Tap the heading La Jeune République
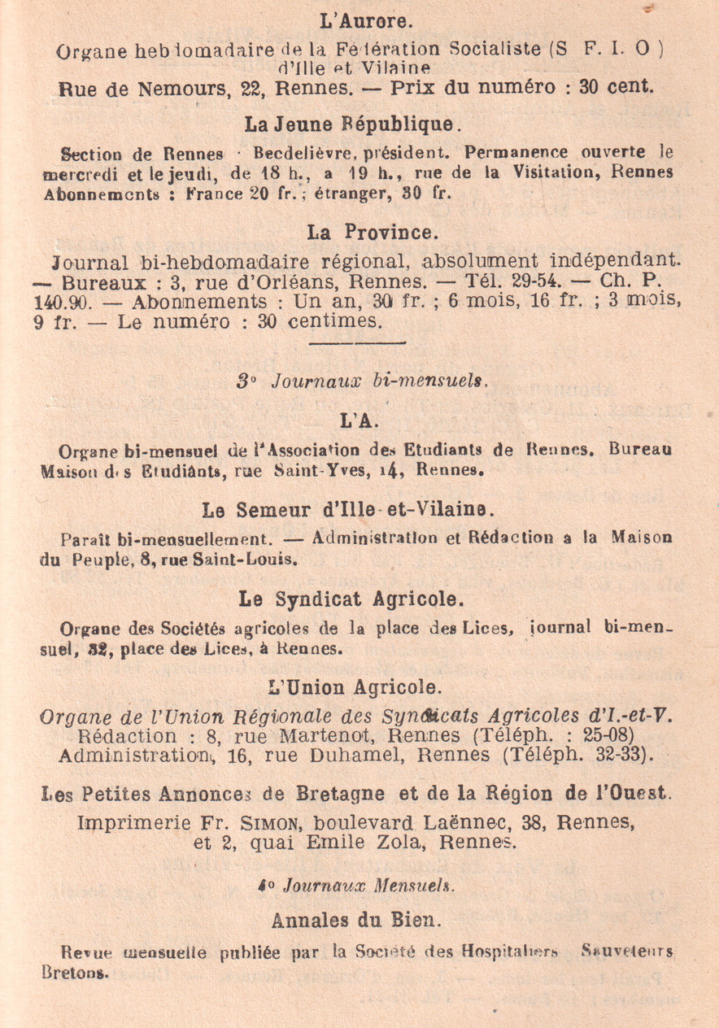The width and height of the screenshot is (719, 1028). (x=354, y=124)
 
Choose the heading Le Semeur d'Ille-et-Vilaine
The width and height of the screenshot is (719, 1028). (x=359, y=510)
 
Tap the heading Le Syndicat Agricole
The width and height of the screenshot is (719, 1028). (x=351, y=599)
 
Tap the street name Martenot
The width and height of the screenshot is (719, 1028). (x=359, y=737)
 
